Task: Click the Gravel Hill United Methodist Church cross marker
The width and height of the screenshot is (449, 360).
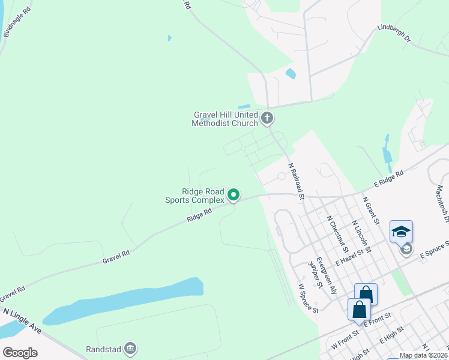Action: (x=267, y=118)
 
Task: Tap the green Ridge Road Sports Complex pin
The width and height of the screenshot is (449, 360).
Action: (x=234, y=195)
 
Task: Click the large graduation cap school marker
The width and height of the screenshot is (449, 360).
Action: (x=401, y=231)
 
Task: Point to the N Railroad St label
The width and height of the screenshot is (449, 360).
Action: (x=297, y=179)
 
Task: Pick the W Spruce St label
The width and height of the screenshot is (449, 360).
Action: (x=307, y=299)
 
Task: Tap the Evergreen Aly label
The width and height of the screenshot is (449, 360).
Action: (x=327, y=275)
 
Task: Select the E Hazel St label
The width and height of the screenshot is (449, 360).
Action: (x=351, y=259)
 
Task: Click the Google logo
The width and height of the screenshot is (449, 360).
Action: (x=20, y=353)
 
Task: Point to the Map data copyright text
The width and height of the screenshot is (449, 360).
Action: (x=424, y=355)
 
